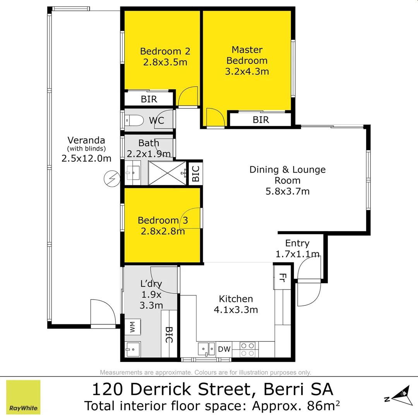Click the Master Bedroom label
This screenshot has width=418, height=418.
click(247, 55)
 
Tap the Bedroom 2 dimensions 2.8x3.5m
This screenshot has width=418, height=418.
click(165, 62)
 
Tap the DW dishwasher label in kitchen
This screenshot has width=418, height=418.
click(224, 349)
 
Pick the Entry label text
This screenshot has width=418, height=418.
click(297, 243)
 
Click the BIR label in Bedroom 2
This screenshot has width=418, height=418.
click(149, 99)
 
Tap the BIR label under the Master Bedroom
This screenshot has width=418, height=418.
click(260, 120)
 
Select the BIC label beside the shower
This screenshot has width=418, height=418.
click(195, 173)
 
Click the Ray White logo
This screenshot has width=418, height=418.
click(23, 397)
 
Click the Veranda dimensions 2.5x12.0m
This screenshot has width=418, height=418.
click(86, 158)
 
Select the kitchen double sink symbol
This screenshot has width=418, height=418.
click(206, 349)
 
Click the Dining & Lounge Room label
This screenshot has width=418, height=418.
click(287, 175)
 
